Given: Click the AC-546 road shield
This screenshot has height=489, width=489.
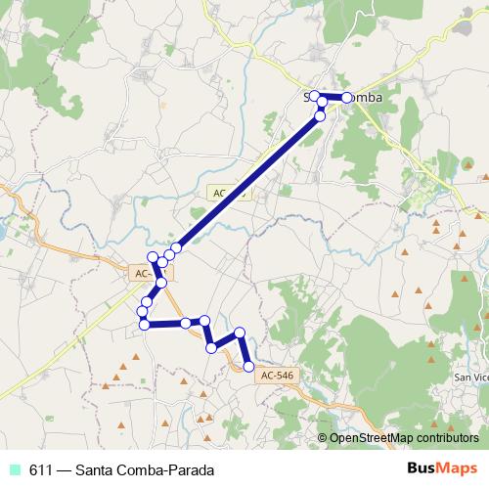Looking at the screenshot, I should click(277, 375).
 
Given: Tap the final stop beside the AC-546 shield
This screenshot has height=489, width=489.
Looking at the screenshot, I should click(248, 367).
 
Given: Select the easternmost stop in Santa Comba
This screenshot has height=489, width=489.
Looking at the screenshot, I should click(347, 98).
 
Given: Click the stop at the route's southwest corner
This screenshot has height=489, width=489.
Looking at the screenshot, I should click(145, 324).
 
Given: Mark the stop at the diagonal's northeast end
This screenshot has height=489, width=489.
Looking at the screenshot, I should click(320, 116).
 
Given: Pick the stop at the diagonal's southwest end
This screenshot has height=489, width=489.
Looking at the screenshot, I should click(177, 248).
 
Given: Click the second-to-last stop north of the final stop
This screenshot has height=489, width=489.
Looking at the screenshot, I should click(240, 333).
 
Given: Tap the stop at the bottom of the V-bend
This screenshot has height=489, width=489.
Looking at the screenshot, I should click(211, 347).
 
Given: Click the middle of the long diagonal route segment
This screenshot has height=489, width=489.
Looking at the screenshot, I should click(248, 182).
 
